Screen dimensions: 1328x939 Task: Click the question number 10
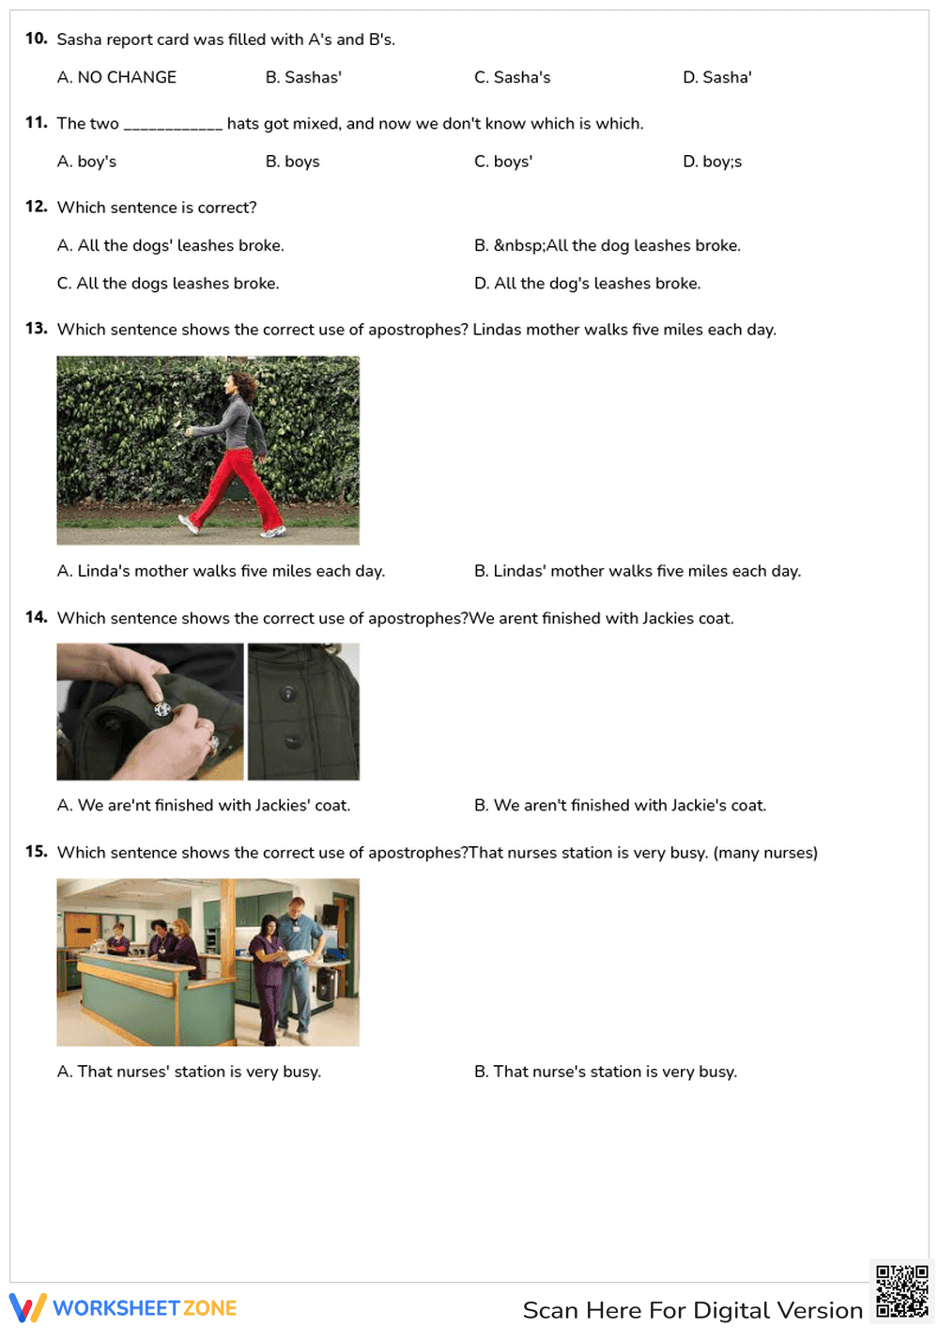36,39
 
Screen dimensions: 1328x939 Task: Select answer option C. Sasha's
512,78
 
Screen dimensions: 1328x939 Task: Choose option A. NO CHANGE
116,78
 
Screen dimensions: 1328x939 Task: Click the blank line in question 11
173,126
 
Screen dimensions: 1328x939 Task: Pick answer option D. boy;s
712,162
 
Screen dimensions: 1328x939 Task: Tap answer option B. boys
292,162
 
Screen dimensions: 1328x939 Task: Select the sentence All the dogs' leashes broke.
170,246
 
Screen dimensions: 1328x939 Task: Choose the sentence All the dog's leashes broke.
587,284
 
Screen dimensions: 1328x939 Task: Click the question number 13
36,329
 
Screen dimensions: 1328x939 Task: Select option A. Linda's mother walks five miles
221,571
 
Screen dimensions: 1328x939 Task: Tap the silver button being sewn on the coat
162,710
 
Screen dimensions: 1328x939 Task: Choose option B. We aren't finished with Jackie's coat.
620,806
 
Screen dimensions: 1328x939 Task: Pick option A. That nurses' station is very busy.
189,1072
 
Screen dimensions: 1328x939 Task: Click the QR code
901,1291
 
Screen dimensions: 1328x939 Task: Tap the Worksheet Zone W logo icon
27,1307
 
